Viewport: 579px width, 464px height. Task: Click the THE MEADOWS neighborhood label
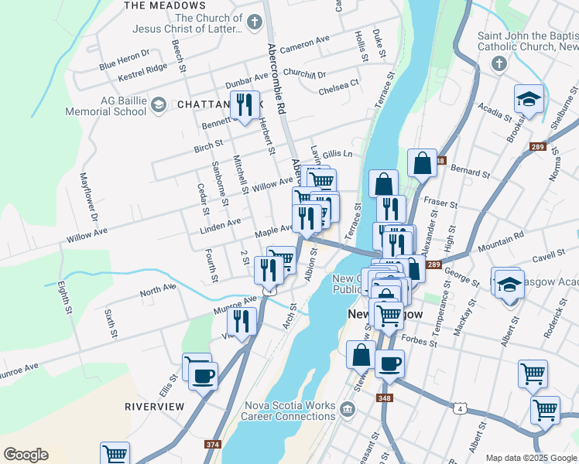pos(156,5)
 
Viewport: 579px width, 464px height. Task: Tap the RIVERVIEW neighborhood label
pos(155,406)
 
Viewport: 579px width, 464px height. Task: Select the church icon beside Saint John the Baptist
pos(499,62)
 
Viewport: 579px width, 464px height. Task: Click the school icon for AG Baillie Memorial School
pos(159,104)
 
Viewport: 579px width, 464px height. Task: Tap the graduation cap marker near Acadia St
pos(529,99)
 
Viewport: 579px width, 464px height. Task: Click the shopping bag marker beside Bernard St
pos(422,163)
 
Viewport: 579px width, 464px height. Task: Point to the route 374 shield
pos(212,445)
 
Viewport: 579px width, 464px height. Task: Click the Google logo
pos(25,454)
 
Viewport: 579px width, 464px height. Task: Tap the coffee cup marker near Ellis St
pos(203,377)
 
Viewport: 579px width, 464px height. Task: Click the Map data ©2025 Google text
pos(530,458)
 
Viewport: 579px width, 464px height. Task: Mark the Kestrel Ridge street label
pos(142,73)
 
